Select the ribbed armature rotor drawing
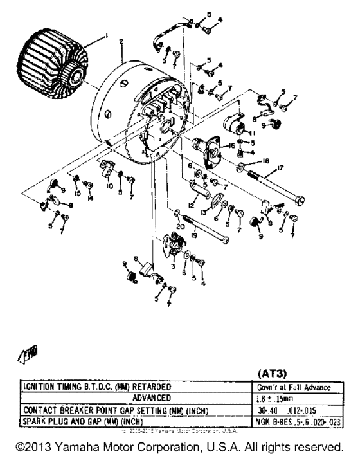click(55, 63)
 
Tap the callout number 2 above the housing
click(121, 42)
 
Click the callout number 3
click(174, 264)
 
